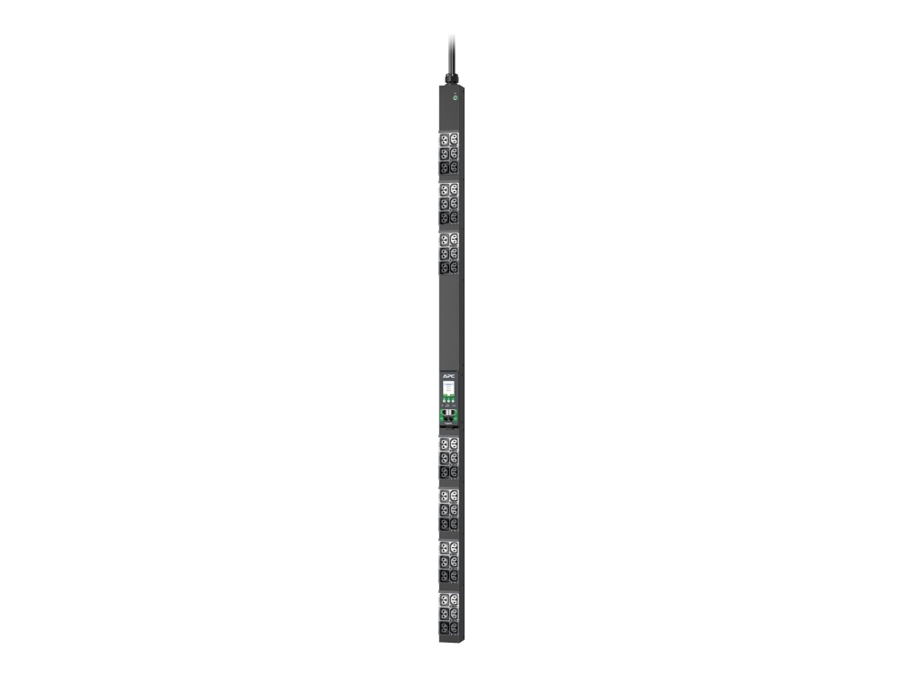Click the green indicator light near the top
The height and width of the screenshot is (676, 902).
point(455,94)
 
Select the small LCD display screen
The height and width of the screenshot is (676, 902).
point(447,388)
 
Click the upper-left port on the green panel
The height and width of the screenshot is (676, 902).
point(444,417)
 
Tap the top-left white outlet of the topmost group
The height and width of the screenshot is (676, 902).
point(445,141)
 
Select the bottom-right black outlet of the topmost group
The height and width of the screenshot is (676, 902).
point(454,167)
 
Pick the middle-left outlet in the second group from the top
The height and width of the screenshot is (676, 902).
point(445,204)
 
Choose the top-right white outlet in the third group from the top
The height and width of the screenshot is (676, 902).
point(454,240)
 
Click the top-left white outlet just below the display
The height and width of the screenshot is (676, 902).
point(445,444)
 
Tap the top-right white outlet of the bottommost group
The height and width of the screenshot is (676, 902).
point(454,600)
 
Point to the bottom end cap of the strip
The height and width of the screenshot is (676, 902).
point(449,639)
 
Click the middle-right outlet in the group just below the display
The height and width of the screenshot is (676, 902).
point(454,458)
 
